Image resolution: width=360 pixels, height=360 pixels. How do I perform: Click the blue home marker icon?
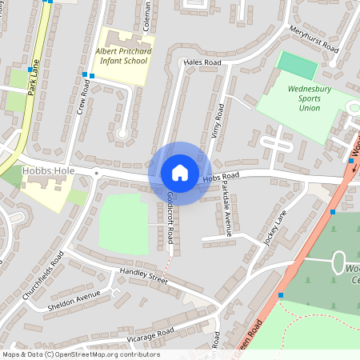179,173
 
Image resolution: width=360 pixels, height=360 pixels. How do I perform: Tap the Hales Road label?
202,62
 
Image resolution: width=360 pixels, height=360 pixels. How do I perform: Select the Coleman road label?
147,16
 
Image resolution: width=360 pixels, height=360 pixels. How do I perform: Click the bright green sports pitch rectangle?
297,65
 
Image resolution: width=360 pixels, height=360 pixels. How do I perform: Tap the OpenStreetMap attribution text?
80,354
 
